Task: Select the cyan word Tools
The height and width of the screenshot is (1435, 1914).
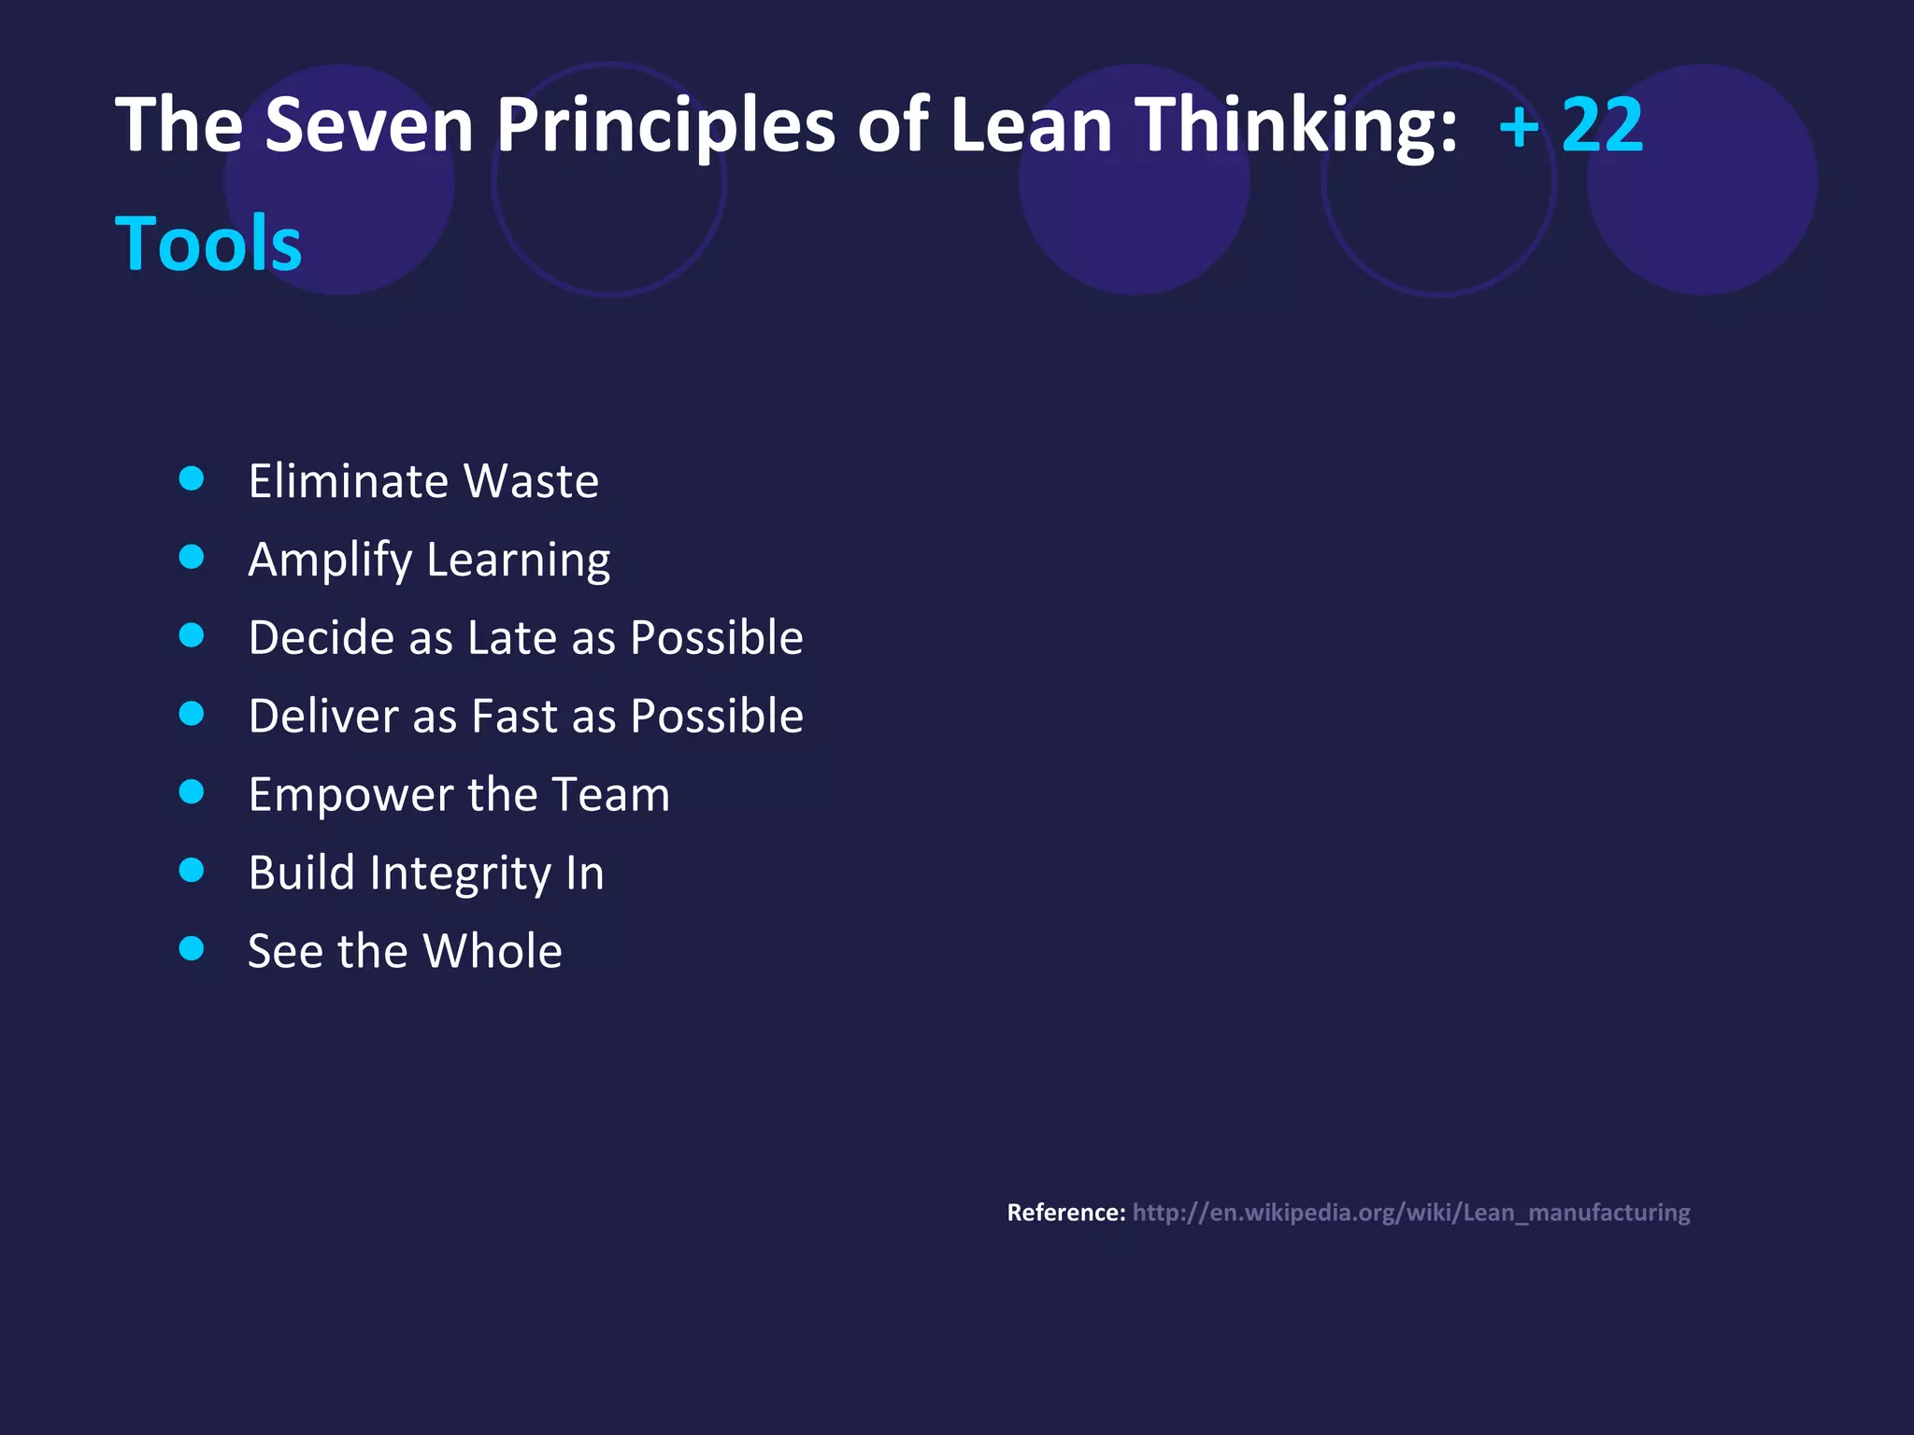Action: tap(208, 243)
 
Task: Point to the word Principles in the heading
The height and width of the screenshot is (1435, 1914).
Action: tap(665, 126)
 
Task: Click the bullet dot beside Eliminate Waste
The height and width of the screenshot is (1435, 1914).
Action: tap(192, 478)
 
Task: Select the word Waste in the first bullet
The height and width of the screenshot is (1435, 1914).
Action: tap(531, 481)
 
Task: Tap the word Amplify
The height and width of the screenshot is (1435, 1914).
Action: tap(330, 561)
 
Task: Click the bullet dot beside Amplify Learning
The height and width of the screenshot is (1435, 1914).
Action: tap(192, 557)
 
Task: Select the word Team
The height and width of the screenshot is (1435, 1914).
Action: tap(610, 795)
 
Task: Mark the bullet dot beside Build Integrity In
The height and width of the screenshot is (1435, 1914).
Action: tap(192, 871)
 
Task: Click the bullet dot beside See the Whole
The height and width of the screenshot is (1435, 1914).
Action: tap(192, 949)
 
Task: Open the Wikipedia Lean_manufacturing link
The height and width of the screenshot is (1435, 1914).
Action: tap(1411, 1213)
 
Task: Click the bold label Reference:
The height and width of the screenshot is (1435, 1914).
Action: tap(1065, 1213)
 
